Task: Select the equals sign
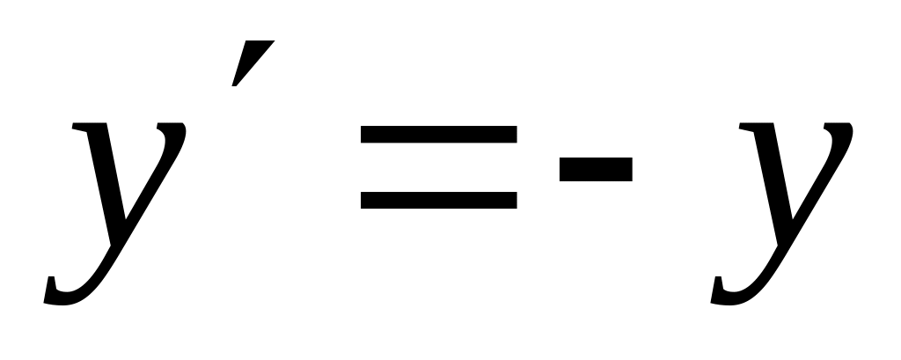pos(438,167)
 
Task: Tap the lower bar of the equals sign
pos(438,200)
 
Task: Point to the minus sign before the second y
pos(596,168)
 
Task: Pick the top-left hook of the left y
pos(82,129)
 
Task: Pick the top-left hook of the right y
pos(749,129)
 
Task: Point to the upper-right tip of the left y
pos(176,132)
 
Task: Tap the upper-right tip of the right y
pos(843,132)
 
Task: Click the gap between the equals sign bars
pos(438,167)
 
